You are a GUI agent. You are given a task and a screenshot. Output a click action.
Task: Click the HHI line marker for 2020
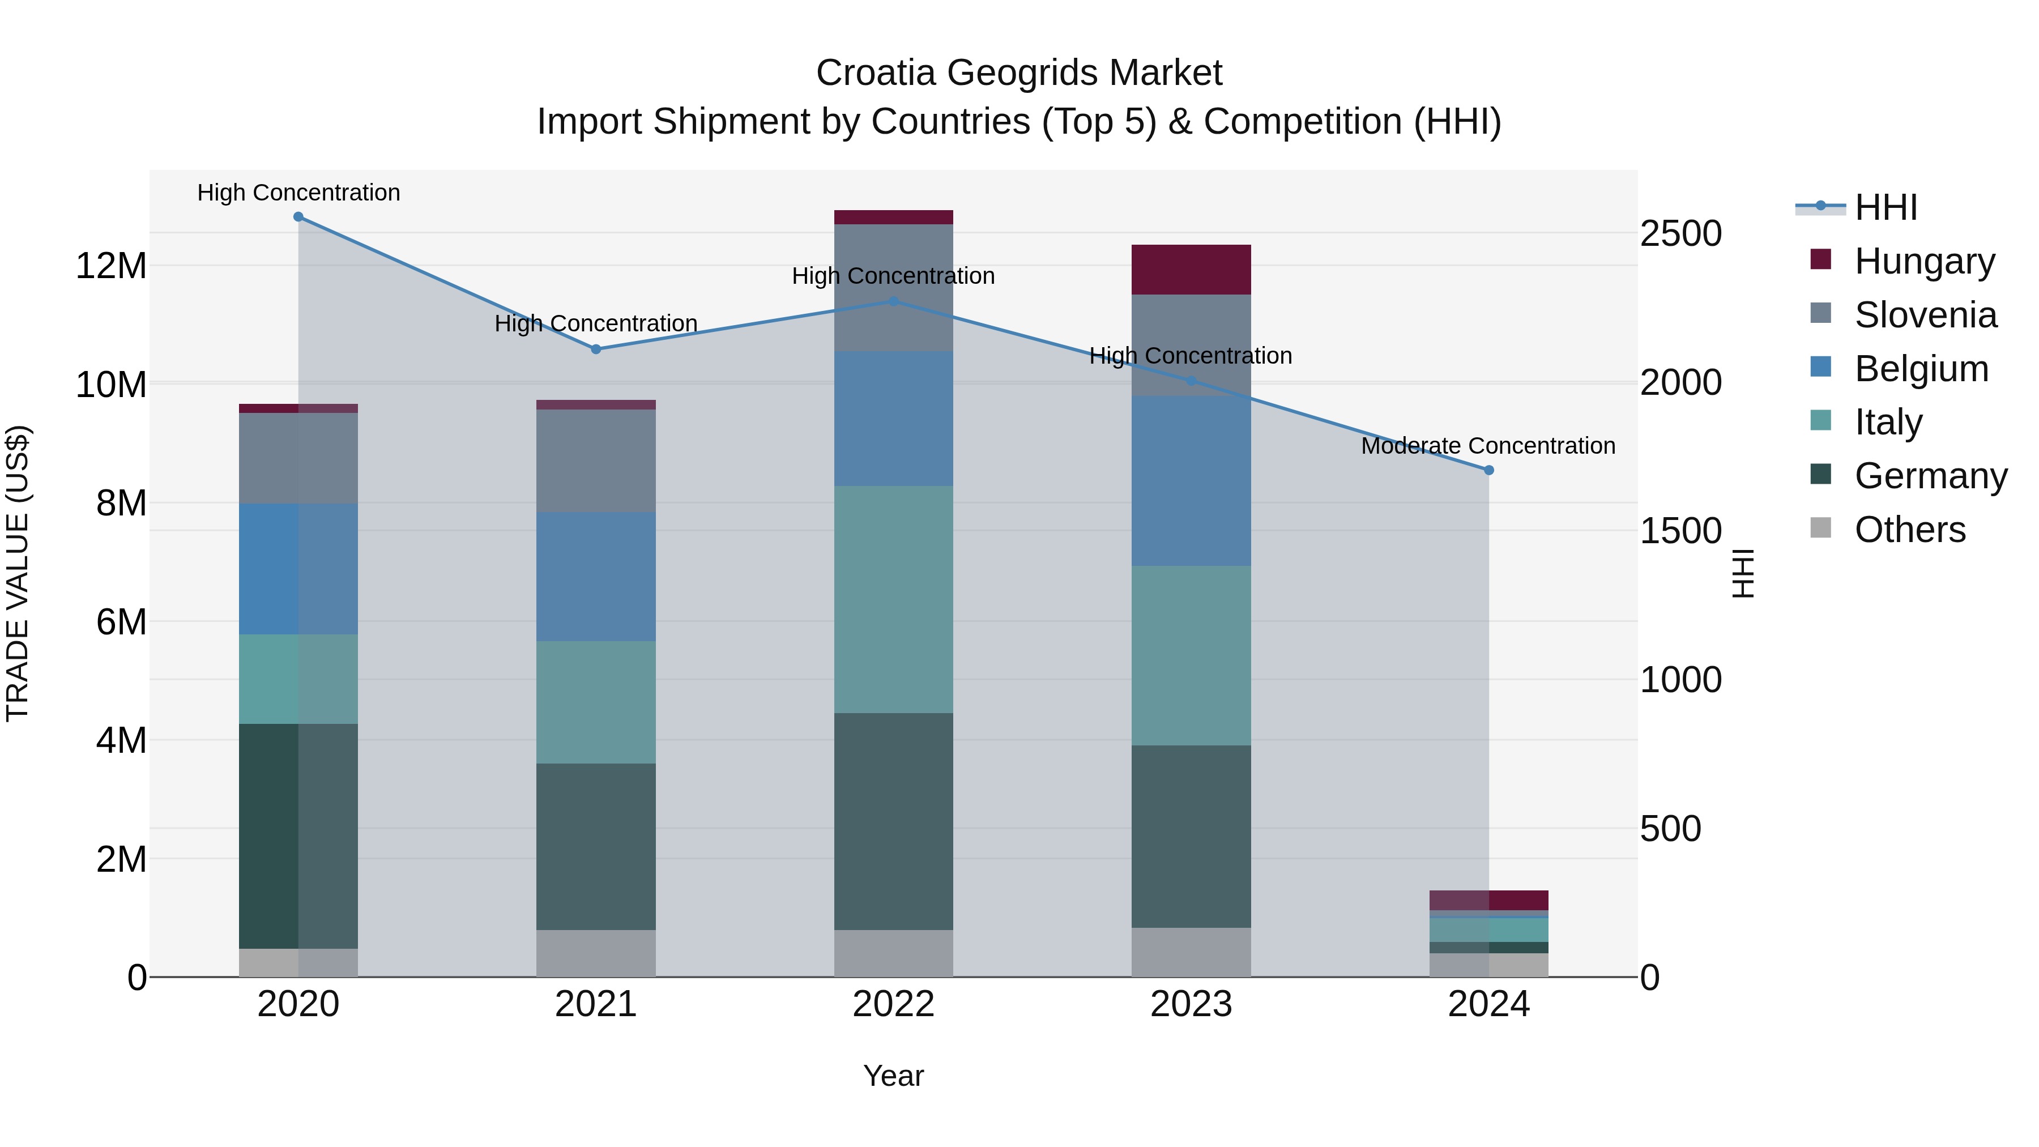pyautogui.click(x=298, y=217)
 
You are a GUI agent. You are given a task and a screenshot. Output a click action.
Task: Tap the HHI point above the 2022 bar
pyautogui.click(x=894, y=301)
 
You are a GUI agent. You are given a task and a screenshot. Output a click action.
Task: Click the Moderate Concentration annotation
pyautogui.click(x=1488, y=446)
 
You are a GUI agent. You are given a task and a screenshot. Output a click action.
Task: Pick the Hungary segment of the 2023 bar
pyautogui.click(x=1191, y=270)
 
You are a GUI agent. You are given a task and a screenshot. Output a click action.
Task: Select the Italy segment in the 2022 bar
pyautogui.click(x=894, y=599)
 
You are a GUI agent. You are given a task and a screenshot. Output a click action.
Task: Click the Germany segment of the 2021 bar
pyautogui.click(x=596, y=846)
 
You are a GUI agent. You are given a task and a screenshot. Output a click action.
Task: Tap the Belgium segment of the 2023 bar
pyautogui.click(x=1191, y=480)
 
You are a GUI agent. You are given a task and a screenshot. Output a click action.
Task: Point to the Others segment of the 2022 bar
pyautogui.click(x=894, y=953)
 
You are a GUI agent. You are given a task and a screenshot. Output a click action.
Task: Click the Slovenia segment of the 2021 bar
pyautogui.click(x=596, y=460)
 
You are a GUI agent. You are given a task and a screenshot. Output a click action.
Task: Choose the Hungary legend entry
pyautogui.click(x=1923, y=261)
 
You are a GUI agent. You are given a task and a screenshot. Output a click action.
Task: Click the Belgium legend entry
pyautogui.click(x=1921, y=369)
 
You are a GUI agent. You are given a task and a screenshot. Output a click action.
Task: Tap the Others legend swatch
pyautogui.click(x=1820, y=528)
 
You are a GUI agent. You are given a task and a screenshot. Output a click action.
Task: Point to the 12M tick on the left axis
pyautogui.click(x=111, y=266)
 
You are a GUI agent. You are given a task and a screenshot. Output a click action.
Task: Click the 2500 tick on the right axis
pyautogui.click(x=1680, y=234)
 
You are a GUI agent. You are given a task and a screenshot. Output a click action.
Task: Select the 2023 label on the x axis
pyautogui.click(x=1191, y=1004)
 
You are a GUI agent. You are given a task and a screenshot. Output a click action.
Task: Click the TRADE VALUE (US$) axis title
pyautogui.click(x=18, y=573)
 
